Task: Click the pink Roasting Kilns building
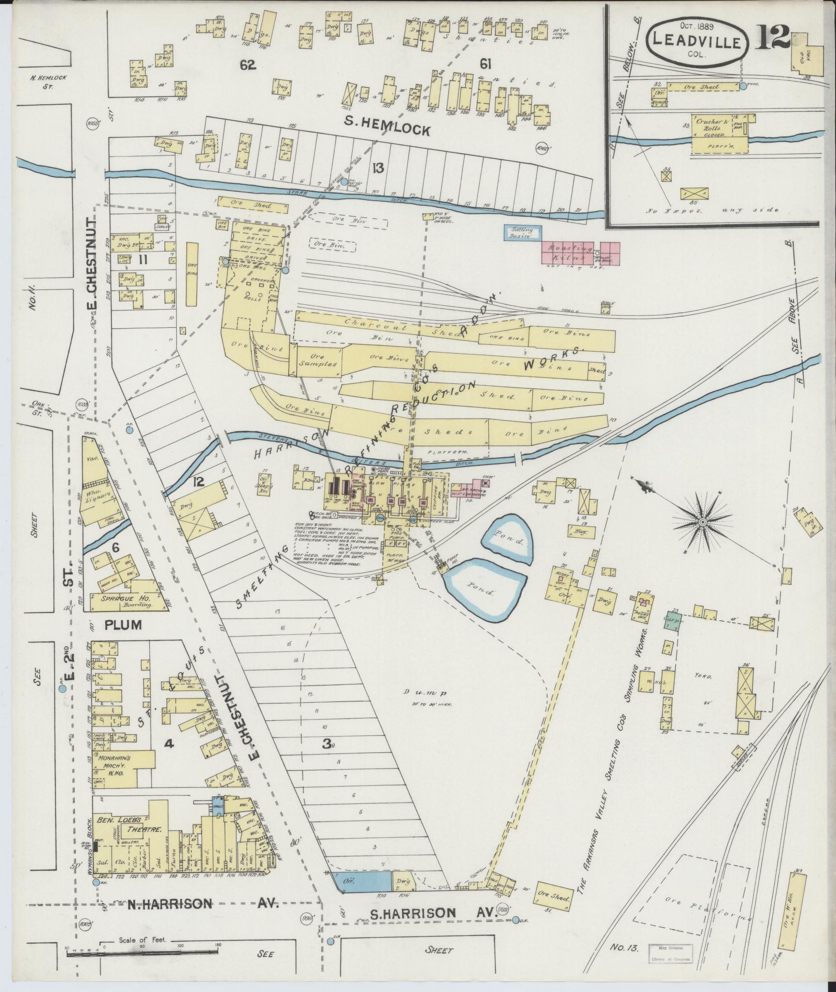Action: [580, 253]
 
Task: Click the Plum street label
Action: [123, 624]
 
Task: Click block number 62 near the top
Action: [248, 65]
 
